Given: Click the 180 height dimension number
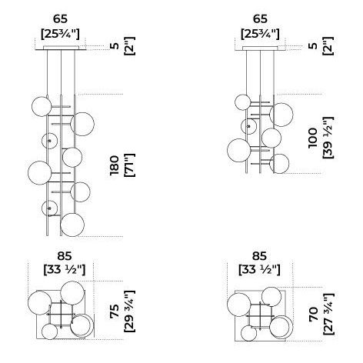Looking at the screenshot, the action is pyautogui.click(x=115, y=165).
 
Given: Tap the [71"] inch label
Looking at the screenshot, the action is pyautogui.click(x=129, y=165).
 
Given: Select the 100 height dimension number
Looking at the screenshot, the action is pyautogui.click(x=313, y=138).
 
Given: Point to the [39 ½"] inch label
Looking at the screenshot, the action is pyautogui.click(x=328, y=138).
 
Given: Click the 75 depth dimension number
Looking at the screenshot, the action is pyautogui.click(x=115, y=311).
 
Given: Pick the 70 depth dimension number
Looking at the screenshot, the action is pyautogui.click(x=313, y=315).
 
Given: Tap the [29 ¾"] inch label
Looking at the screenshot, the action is pyautogui.click(x=129, y=311).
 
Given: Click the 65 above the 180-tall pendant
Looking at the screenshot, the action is pyautogui.click(x=60, y=18).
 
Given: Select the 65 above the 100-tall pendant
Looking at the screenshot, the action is pyautogui.click(x=260, y=18).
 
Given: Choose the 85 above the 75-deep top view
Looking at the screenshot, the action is pyautogui.click(x=65, y=256).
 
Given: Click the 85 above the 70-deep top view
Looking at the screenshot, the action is pyautogui.click(x=259, y=256).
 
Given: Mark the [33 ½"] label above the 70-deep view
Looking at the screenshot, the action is pyautogui.click(x=259, y=270).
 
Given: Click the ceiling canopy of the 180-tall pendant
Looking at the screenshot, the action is pyautogui.click(x=61, y=48).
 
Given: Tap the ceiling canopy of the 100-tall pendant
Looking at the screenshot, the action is pyautogui.click(x=260, y=48).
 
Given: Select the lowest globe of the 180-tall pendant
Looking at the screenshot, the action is pyautogui.click(x=72, y=225).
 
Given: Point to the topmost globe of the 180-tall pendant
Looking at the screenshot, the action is pyautogui.click(x=42, y=107).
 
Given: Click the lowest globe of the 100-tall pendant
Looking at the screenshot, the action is pyautogui.click(x=279, y=164).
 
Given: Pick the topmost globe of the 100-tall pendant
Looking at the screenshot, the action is pyautogui.click(x=243, y=102).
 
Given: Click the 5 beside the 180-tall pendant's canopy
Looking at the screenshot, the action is pyautogui.click(x=116, y=46).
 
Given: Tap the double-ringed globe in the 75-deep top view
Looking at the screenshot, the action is pyautogui.click(x=82, y=325).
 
